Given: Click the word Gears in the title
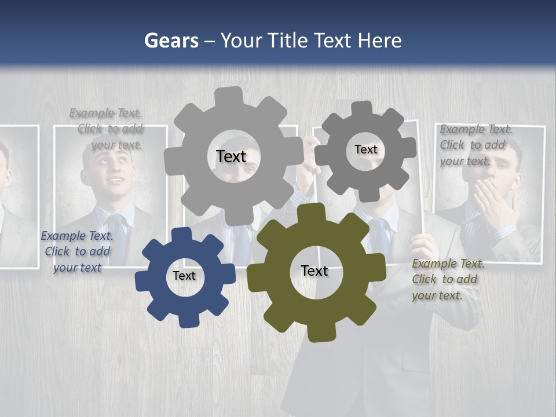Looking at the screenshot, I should tap(171, 41).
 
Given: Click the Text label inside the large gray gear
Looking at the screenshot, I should tap(231, 156).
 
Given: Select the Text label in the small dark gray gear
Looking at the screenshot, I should tap(365, 149).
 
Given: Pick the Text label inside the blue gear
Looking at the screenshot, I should tap(184, 276).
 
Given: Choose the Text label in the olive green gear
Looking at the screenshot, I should tap(314, 270).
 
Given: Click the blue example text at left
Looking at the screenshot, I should tap(77, 251).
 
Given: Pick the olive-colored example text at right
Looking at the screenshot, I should tap(447, 279).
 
